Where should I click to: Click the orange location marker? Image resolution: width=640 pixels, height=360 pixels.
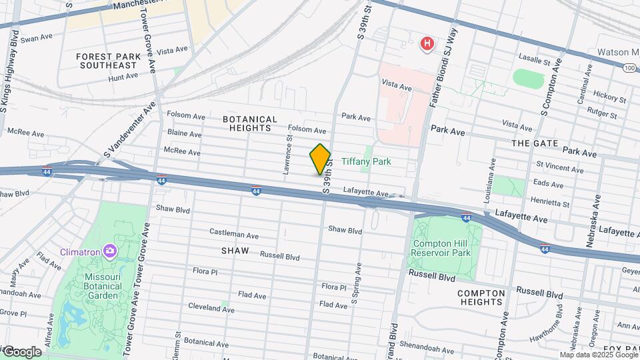(320, 159)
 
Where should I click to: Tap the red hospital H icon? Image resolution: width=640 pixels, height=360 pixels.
(427, 44)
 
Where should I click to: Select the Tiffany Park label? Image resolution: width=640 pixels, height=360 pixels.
(366, 161)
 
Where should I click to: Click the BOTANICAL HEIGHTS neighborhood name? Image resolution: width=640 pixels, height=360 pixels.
(250, 123)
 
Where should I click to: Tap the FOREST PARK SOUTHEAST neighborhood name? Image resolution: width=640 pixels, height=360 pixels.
(109, 61)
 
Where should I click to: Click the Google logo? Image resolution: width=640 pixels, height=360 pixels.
(21, 352)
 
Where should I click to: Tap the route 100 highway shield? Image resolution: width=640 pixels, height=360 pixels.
(629, 67)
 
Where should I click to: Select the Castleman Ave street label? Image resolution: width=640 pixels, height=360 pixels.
(234, 235)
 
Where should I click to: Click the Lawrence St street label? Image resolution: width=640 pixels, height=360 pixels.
(289, 155)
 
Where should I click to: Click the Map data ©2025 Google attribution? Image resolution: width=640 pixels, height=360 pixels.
(597, 355)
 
